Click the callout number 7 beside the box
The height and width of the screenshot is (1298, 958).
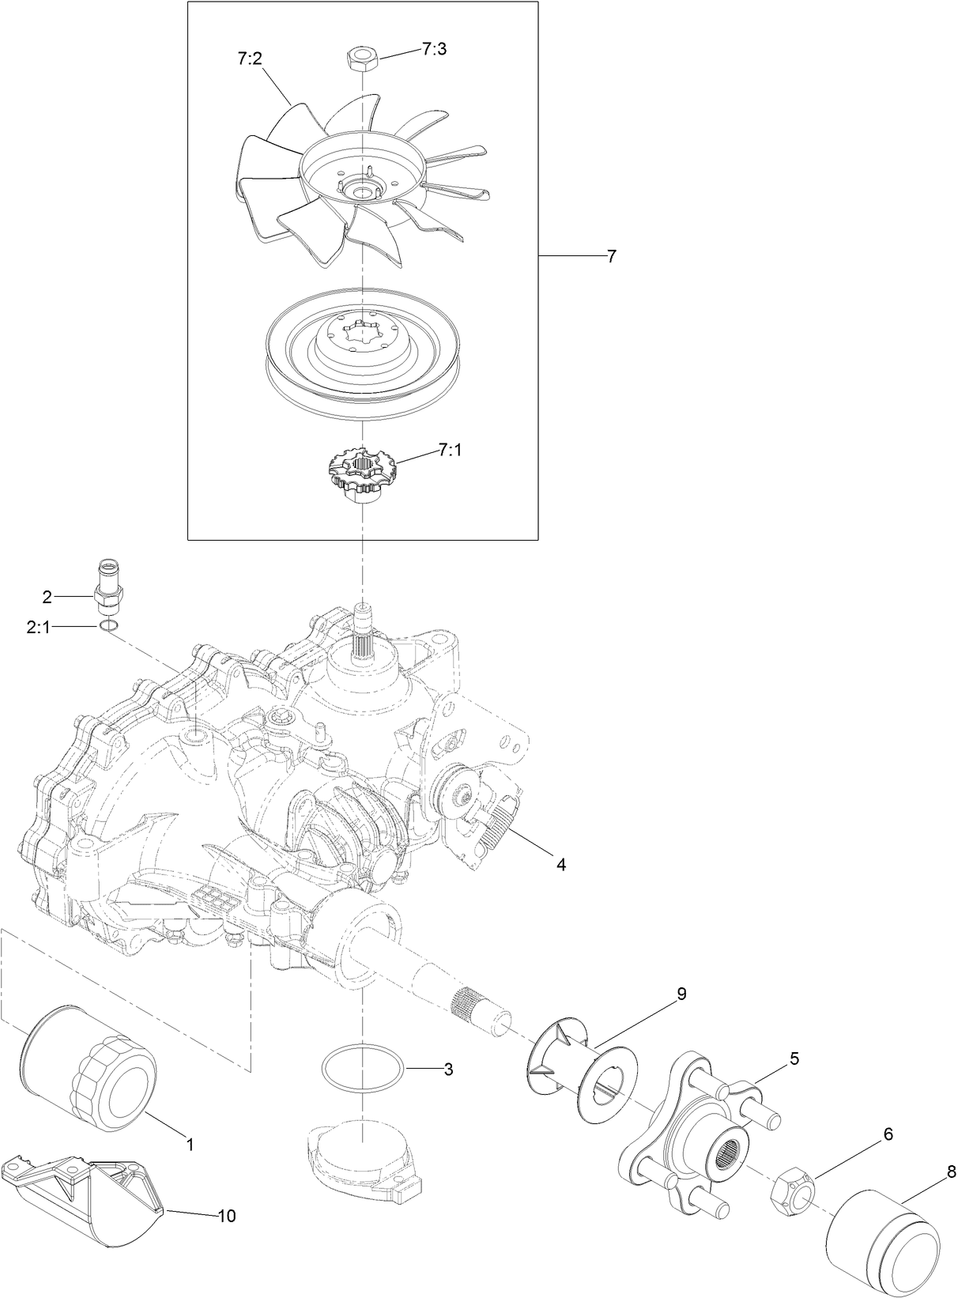tap(611, 256)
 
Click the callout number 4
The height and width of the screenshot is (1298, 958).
tap(560, 865)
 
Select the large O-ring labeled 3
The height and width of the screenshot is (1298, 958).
tap(364, 1069)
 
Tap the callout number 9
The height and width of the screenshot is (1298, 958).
tap(681, 994)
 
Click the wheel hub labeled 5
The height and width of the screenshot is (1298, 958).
tap(696, 1128)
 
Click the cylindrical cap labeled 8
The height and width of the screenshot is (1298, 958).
tap(882, 1240)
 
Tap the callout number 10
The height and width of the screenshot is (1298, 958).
tap(226, 1216)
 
